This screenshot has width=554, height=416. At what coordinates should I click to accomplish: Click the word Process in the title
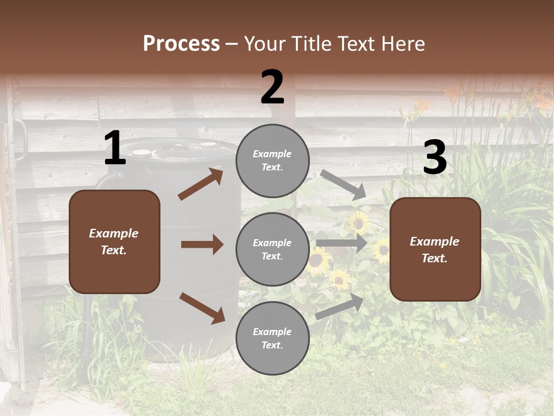tap(181, 43)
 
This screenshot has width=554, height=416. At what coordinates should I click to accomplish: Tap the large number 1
tap(115, 148)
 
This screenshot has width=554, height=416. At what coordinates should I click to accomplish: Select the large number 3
tap(435, 158)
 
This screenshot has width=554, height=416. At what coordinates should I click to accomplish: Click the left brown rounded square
tap(114, 242)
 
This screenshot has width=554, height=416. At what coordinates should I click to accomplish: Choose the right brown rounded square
tap(435, 249)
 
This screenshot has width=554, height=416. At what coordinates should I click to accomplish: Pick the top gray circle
tap(272, 161)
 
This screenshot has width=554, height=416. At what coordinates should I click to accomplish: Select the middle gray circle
tap(272, 249)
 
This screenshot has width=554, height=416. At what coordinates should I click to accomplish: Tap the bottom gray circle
tap(272, 338)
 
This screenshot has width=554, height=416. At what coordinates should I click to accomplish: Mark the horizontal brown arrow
tap(202, 244)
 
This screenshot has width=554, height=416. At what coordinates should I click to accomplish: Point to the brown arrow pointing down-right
tap(202, 308)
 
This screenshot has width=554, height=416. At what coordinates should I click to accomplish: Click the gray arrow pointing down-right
tap(343, 185)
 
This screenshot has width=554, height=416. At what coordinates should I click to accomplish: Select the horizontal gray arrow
tap(342, 243)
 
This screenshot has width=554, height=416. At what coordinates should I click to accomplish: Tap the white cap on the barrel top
tap(141, 153)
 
